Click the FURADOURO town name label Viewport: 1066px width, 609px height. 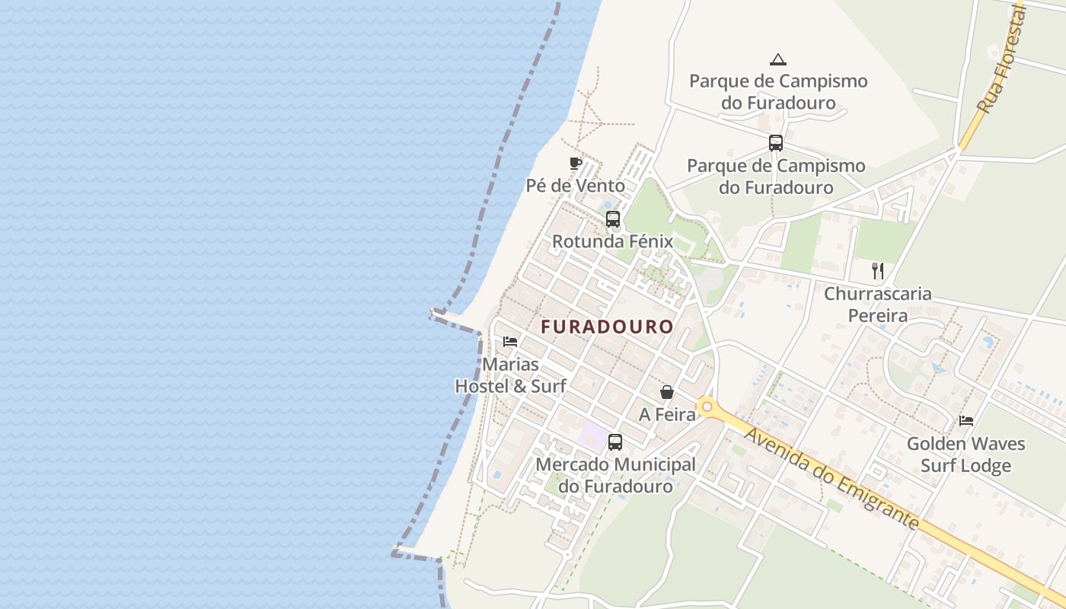pos(607,327)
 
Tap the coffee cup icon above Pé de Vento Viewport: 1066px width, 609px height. pos(576,163)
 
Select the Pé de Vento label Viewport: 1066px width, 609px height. pos(575,186)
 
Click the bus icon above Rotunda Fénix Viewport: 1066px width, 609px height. pos(612,220)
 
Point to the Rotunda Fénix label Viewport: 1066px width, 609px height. pos(612,242)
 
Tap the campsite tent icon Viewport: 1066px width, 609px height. pos(777,59)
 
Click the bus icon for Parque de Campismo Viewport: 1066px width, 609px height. pos(776,142)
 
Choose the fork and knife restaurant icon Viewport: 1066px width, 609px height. pos(878,271)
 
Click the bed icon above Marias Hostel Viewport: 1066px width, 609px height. pos(510,341)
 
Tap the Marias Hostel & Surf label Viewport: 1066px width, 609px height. pos(510,375)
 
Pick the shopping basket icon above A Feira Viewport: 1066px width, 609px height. pos(667,392)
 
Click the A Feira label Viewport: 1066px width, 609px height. pos(667,415)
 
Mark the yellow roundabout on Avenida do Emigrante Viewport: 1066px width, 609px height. pos(707,407)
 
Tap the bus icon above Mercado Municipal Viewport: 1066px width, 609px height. pos(615,442)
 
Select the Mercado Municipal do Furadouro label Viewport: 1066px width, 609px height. pos(615,475)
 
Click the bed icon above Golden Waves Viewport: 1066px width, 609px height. pos(966,420)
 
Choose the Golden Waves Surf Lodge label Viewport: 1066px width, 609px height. pos(965,454)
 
